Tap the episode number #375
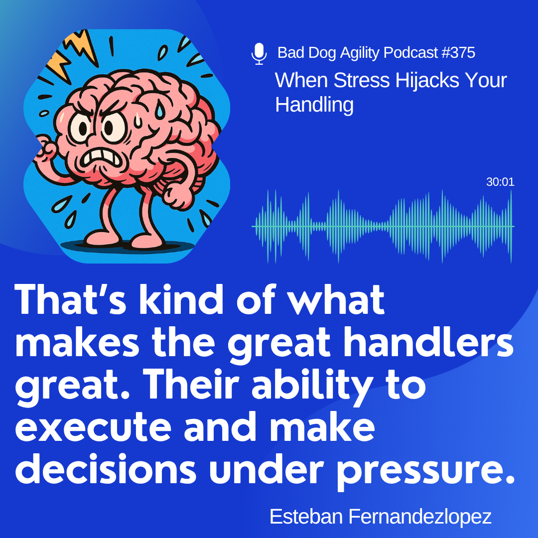click(x=458, y=52)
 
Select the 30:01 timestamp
click(x=500, y=182)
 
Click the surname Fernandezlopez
click(x=420, y=517)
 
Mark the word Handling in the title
click(x=314, y=105)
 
